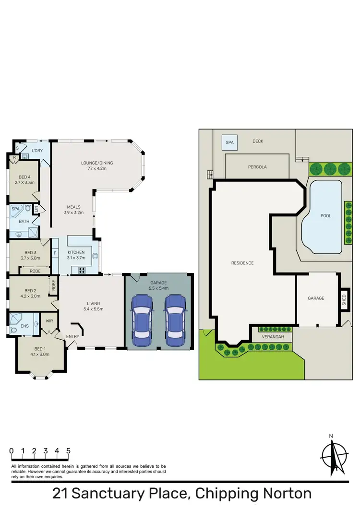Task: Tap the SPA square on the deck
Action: point(228,142)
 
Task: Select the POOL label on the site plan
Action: point(326,216)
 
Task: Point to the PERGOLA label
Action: point(257,167)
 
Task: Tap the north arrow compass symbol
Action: point(334,456)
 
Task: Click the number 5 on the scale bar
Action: point(69,451)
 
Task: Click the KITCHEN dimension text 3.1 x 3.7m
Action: point(76,258)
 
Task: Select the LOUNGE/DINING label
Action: point(97,163)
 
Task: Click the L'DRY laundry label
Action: point(37,151)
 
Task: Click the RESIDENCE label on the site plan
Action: point(242,263)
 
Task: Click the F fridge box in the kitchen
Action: point(55,253)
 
